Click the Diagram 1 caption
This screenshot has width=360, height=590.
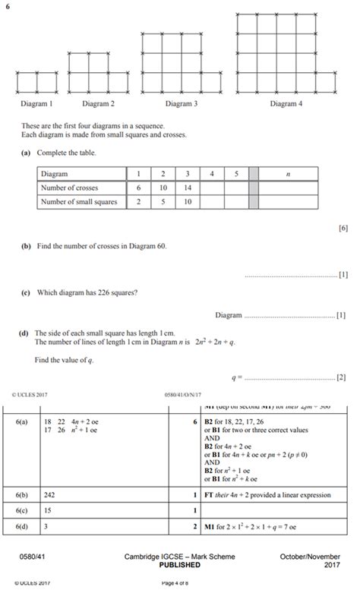pos(36,103)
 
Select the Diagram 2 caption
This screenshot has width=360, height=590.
pos(99,103)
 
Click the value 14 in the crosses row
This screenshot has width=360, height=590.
pos(188,188)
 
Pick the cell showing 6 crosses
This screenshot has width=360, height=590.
pos(139,188)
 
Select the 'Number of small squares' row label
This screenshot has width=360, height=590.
pos(79,202)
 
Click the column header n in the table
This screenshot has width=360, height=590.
pos(289,174)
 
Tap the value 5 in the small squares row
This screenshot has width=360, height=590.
pos(163,202)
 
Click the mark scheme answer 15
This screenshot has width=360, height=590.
pos(48,510)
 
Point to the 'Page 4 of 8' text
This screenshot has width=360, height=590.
pos(179,582)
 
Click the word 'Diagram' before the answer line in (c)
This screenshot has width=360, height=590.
pos(228,315)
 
